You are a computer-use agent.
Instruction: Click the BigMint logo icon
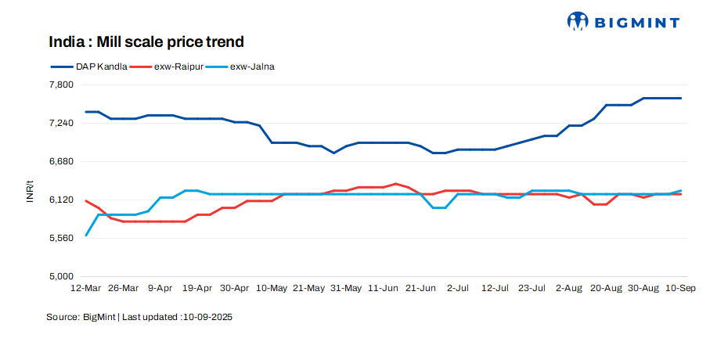(578, 21)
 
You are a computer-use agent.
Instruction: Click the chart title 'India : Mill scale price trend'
(146, 41)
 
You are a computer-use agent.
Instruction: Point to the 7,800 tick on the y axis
(61, 85)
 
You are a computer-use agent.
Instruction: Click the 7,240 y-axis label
(61, 123)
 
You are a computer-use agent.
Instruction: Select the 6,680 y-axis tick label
(61, 161)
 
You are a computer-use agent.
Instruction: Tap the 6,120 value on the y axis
(61, 200)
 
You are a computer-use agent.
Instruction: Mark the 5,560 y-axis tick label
(61, 238)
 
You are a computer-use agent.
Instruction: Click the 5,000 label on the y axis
(61, 276)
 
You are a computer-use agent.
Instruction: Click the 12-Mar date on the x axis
(85, 288)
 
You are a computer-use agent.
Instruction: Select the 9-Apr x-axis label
(160, 288)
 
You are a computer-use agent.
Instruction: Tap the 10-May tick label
(272, 288)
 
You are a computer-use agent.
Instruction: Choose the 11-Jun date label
(384, 288)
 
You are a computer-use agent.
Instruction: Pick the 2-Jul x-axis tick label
(458, 288)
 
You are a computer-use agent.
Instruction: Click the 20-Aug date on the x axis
(607, 288)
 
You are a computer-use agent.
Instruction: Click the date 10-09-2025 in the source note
(207, 318)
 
